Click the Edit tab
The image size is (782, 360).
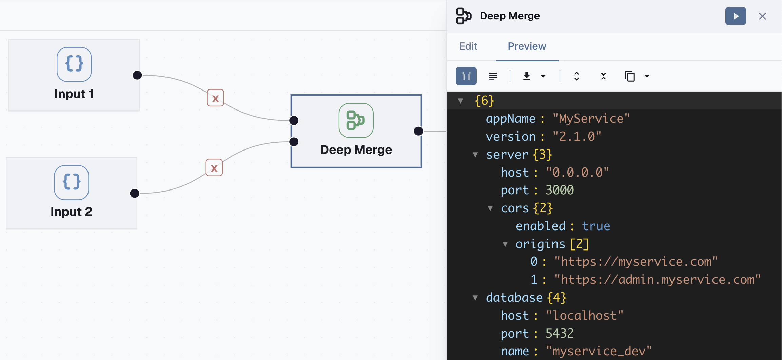point(468,46)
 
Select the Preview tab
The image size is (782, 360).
point(527,46)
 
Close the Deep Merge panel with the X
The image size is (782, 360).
point(762,16)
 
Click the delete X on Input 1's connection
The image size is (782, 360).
point(215,98)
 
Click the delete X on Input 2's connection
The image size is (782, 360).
point(214,168)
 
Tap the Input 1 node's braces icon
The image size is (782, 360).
point(74,64)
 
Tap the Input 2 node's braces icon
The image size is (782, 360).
point(72,182)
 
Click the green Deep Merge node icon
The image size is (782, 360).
point(356,120)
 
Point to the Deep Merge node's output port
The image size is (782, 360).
point(418,131)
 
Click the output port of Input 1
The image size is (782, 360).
point(137,75)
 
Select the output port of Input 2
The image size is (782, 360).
point(135,193)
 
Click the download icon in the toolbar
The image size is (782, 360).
point(527,76)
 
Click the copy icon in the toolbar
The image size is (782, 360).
point(630,76)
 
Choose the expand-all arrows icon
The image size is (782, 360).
point(576,76)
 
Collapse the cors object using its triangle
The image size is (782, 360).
point(490,208)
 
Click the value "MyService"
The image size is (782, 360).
point(591,119)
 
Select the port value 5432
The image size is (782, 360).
point(560,334)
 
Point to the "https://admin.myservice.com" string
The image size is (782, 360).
point(657,280)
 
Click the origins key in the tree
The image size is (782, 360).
point(540,244)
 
